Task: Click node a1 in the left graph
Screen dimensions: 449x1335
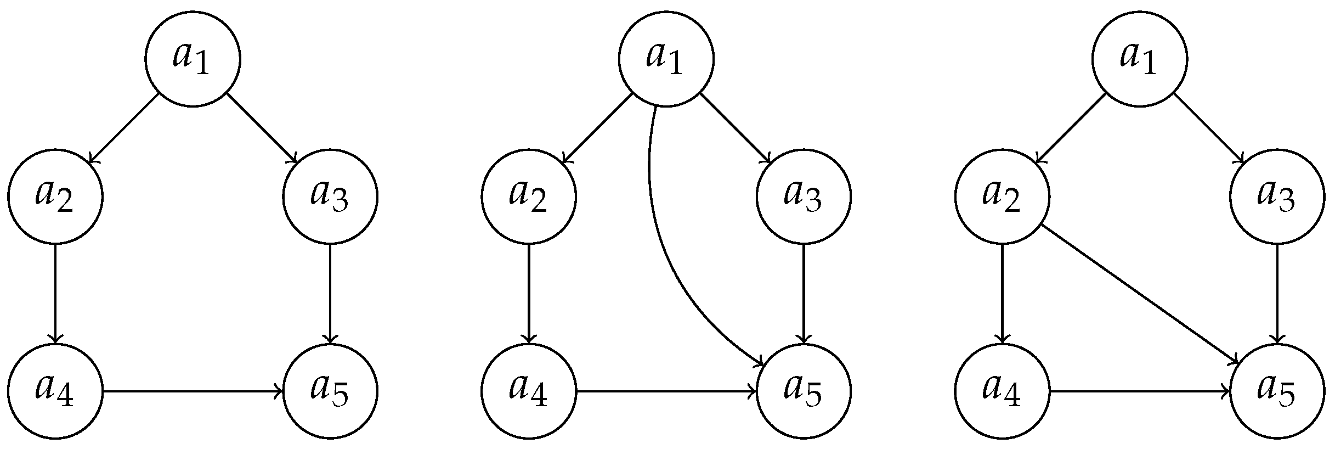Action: point(193,59)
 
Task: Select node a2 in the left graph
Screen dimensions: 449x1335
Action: point(55,197)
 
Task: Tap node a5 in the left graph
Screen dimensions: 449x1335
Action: point(330,391)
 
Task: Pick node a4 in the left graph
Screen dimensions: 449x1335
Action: point(55,391)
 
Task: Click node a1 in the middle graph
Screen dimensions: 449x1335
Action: point(666,59)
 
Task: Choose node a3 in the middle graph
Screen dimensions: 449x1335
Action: point(804,197)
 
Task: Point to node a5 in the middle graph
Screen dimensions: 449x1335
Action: point(804,391)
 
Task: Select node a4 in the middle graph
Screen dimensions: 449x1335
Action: point(529,391)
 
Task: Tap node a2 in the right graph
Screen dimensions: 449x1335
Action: point(1002,197)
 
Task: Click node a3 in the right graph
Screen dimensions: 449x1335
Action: point(1277,197)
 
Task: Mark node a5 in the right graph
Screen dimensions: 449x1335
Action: point(1277,391)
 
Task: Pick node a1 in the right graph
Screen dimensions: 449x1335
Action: point(1140,59)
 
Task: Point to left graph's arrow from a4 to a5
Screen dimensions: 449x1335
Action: point(192,391)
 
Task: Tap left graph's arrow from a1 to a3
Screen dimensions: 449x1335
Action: point(262,128)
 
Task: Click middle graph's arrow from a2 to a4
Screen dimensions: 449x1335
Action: point(529,294)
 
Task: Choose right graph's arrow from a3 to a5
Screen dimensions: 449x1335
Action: point(1277,294)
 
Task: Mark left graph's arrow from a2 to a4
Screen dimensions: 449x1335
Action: point(55,294)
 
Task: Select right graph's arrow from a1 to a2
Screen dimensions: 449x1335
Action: point(1071,128)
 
